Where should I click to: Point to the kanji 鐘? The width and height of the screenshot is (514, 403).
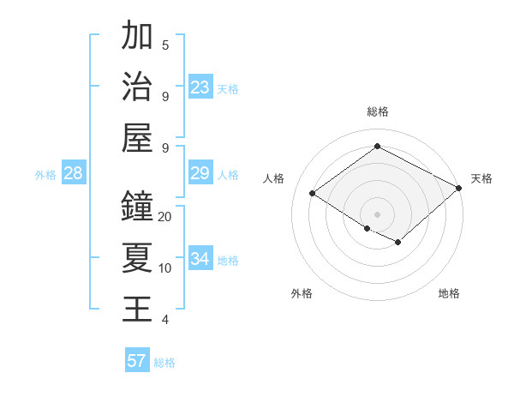(138, 206)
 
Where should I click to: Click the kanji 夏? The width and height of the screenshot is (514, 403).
(138, 257)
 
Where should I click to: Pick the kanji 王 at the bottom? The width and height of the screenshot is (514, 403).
(138, 309)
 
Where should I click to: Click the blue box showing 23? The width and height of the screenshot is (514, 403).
(200, 87)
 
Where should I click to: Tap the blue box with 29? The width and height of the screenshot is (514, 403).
(200, 174)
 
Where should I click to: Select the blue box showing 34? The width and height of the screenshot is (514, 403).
(200, 260)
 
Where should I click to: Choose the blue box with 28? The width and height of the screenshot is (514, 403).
(73, 174)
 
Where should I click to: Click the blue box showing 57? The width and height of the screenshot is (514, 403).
(137, 361)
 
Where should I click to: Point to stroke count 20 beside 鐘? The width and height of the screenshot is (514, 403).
(165, 217)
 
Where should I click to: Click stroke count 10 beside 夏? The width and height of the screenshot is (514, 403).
(165, 268)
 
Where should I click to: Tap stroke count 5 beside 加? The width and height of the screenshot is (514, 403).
(165, 45)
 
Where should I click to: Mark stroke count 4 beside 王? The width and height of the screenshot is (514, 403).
(165, 320)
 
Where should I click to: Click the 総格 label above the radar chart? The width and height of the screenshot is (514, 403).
(377, 111)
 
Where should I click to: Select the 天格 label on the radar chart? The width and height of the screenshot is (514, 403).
(481, 178)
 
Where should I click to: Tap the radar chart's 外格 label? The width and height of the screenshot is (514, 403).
(302, 293)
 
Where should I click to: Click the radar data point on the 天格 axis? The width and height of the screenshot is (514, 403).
(459, 189)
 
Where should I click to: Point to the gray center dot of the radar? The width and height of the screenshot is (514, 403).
(377, 214)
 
